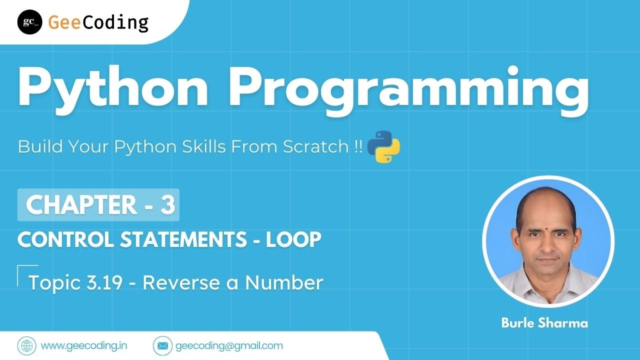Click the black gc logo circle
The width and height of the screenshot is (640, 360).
(29, 22)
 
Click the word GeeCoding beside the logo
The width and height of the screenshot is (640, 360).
(98, 23)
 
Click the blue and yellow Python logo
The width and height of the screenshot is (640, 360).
(383, 147)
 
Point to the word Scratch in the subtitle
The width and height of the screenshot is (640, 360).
(315, 146)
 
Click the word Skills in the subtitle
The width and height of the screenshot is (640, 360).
(204, 146)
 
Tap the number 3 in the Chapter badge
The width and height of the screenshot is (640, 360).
(167, 204)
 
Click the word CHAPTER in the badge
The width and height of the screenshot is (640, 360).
(81, 204)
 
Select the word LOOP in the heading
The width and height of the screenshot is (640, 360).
(293, 239)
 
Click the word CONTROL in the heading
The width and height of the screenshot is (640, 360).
(65, 239)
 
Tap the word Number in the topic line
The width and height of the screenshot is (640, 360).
(284, 282)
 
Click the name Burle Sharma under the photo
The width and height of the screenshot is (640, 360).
(544, 323)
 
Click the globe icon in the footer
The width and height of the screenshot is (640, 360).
(27, 346)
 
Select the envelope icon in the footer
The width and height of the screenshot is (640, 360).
(162, 346)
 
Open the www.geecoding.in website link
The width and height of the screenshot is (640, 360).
(84, 346)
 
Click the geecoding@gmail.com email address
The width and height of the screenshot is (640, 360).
(229, 346)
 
